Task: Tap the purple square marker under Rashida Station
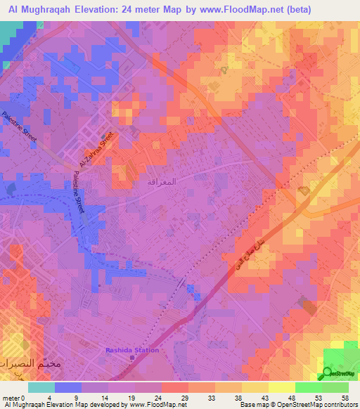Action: [x=132, y=358]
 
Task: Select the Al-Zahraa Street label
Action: [x=96, y=152]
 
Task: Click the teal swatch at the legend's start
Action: [x=41, y=387]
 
